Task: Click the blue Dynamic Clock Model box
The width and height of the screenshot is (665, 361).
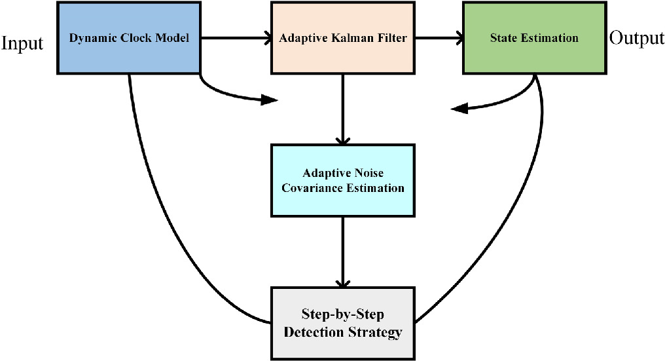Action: [130, 37]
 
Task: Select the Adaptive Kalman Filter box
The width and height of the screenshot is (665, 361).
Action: [342, 37]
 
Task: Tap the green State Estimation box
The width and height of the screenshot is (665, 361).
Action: [534, 37]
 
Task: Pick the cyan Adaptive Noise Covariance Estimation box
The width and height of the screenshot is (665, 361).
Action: [342, 180]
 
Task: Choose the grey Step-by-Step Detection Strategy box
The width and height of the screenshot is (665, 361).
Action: [342, 323]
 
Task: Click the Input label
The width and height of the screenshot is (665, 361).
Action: [22, 43]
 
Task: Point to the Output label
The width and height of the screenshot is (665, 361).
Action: [636, 38]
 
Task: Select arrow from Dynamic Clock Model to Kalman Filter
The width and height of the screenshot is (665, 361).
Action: [236, 38]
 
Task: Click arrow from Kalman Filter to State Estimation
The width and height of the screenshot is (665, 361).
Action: [439, 38]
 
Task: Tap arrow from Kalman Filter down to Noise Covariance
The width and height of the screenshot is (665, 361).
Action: [342, 108]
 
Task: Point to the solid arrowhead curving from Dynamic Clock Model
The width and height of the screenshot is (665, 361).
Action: [269, 100]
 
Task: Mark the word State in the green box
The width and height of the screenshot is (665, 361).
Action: [503, 38]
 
